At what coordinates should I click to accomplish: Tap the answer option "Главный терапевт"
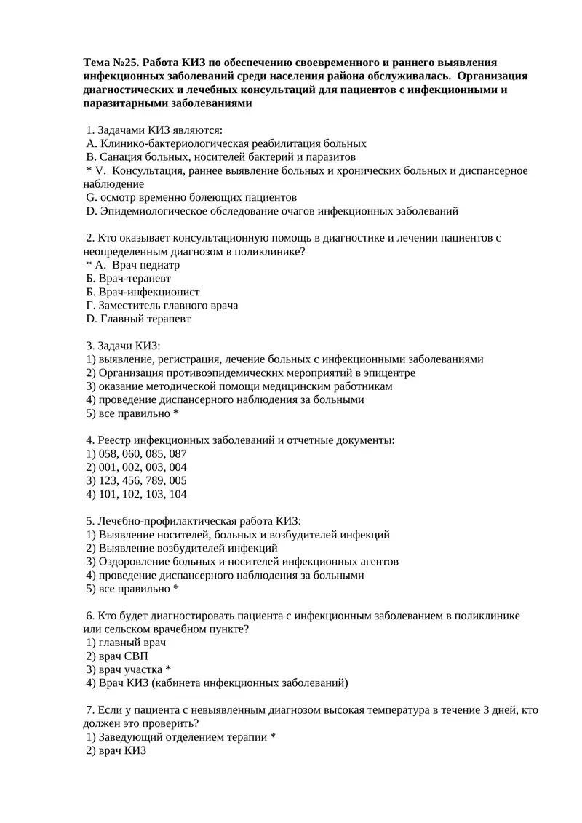[x=145, y=319]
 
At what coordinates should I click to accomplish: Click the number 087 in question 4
[x=178, y=453]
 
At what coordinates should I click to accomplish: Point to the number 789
[x=156, y=480]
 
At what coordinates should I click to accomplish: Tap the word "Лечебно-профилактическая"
[x=164, y=521]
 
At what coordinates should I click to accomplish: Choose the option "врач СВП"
[x=123, y=656]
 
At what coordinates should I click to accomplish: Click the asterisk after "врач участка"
[x=168, y=669]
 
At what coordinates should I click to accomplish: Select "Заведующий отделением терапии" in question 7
[x=183, y=736]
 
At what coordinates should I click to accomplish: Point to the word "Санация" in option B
[x=121, y=156]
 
